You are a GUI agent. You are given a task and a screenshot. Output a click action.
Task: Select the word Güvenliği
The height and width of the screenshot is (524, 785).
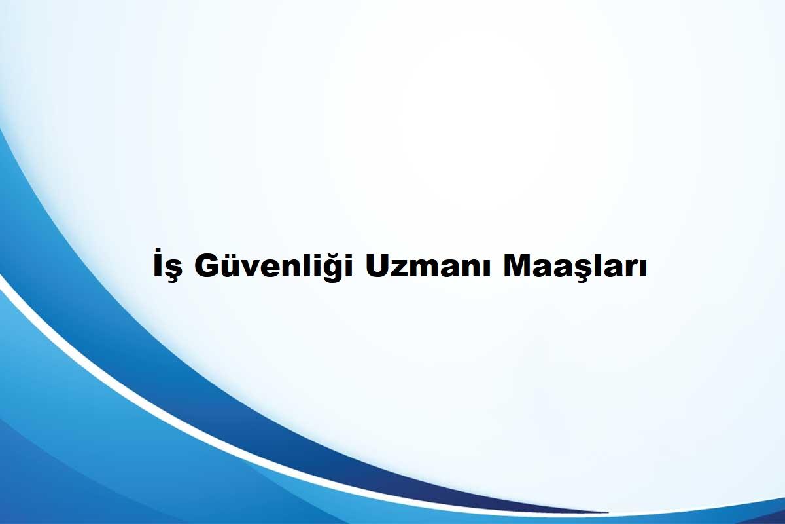[x=274, y=266]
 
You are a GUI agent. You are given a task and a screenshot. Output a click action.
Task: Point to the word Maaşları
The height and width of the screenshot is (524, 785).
[x=575, y=267]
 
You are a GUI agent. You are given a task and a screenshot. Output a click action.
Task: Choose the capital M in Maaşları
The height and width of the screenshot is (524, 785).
[x=517, y=265]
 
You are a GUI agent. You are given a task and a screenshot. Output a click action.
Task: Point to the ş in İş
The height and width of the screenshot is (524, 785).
[x=175, y=271]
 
